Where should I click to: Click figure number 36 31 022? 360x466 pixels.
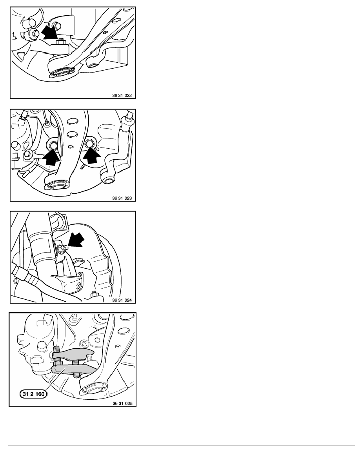click(122, 95)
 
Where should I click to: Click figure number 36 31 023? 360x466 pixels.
click(122, 198)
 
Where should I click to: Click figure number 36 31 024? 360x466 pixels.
click(122, 300)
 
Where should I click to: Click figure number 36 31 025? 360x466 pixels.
click(122, 403)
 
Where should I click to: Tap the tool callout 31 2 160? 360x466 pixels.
click(33, 394)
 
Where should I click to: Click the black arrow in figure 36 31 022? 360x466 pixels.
click(49, 32)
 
